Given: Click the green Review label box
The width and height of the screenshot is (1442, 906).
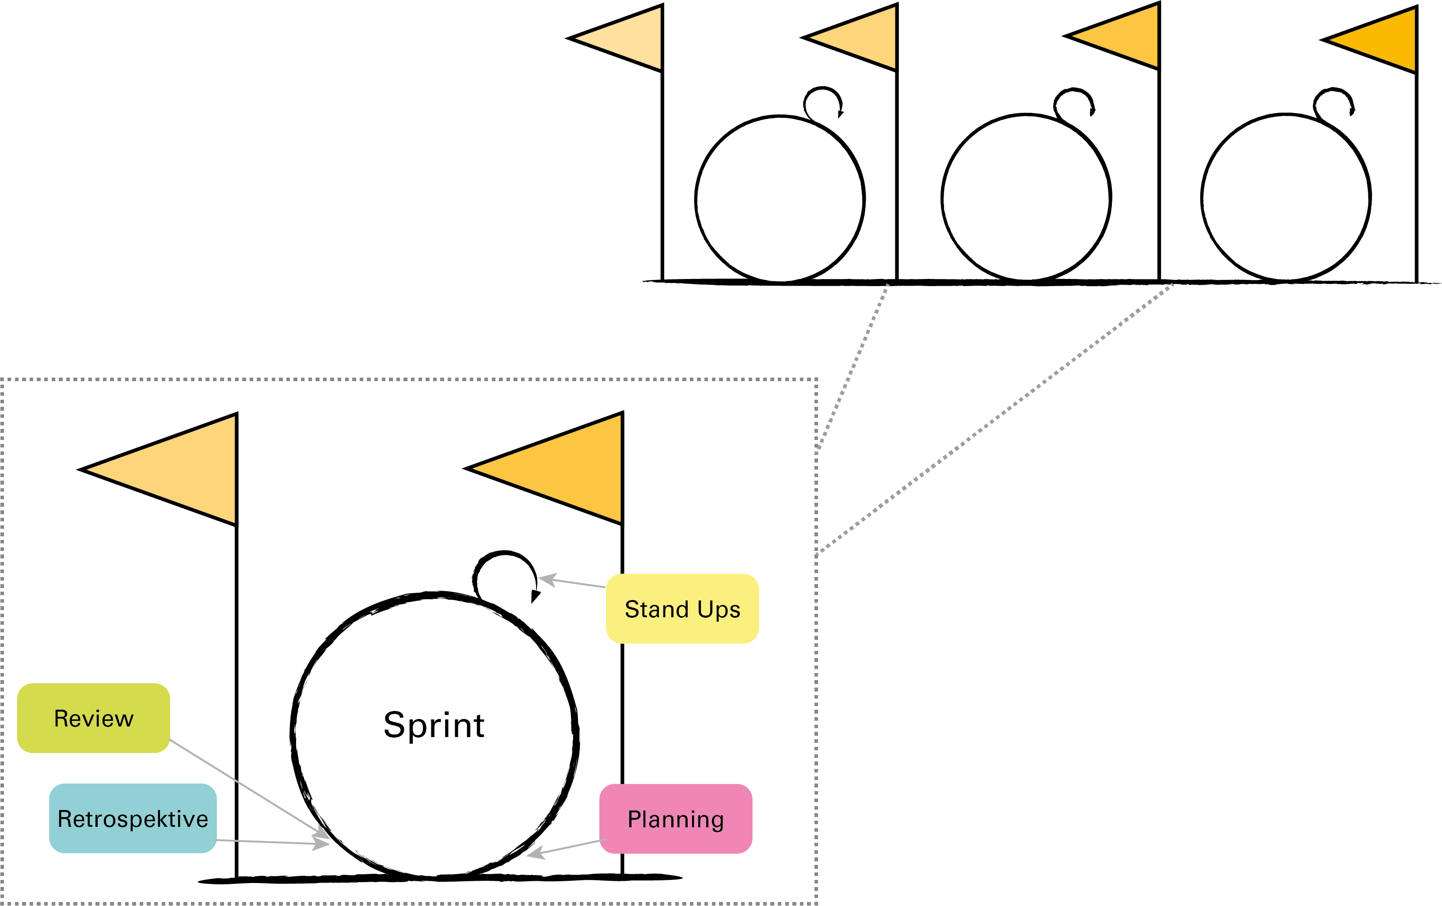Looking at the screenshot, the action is point(93,718).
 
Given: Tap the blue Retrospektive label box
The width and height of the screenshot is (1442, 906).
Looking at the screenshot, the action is point(133,818).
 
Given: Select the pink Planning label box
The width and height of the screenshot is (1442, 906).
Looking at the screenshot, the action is point(676,818).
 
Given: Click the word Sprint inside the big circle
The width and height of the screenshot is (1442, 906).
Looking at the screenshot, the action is point(434,725).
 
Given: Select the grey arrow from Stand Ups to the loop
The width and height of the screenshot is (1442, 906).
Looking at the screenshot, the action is point(572,582).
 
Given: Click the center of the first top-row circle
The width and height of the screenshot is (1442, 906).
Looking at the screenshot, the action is point(780,199).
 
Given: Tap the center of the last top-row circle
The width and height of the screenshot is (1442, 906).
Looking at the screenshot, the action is point(1286,198).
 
